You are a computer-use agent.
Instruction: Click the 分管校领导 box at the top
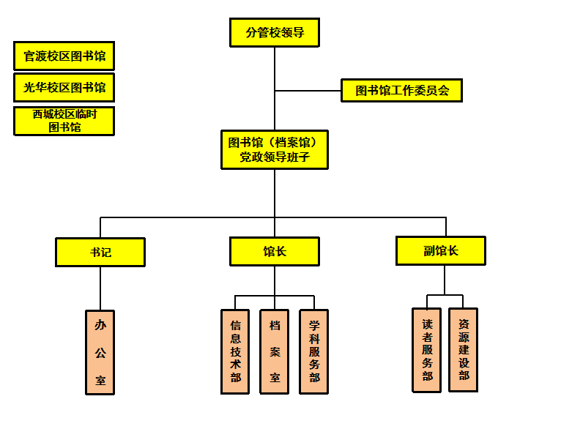coord(275,33)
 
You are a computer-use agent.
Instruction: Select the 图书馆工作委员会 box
coord(401,91)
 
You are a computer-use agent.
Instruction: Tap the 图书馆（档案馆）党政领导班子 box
coord(275,149)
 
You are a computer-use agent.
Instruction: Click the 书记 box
coord(100,252)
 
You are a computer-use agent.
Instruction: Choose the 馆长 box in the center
coord(275,252)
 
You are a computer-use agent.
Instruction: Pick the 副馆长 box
coord(441,250)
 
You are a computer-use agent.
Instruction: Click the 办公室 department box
coord(100,352)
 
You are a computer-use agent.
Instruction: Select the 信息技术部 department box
coord(235,351)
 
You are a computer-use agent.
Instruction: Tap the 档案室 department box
coord(275,351)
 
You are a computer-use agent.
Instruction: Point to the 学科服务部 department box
coord(314,351)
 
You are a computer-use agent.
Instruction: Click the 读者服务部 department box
coord(427,350)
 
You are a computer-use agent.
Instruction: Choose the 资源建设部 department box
coord(463,349)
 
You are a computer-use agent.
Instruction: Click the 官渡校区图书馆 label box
coord(64,56)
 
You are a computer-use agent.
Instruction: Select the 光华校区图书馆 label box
coord(64,87)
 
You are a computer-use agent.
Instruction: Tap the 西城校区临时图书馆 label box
coord(64,121)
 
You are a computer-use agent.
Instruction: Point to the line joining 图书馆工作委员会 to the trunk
coord(308,91)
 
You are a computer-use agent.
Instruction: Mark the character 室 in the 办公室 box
coord(100,381)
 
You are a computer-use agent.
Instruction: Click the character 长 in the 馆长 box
coord(281,252)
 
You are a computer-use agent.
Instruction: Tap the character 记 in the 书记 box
coord(107,252)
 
